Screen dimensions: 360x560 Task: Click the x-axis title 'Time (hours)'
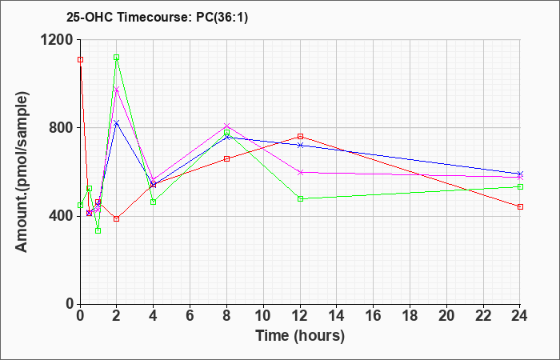click(x=300, y=336)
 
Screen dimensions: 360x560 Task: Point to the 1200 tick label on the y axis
click(x=57, y=40)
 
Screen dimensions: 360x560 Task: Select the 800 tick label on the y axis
click(x=61, y=128)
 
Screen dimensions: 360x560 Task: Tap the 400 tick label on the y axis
click(x=61, y=216)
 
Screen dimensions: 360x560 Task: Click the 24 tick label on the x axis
click(x=520, y=315)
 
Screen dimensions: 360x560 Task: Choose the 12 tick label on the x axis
click(x=300, y=315)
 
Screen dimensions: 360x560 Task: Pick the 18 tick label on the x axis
click(x=410, y=315)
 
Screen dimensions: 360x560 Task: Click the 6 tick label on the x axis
click(x=190, y=315)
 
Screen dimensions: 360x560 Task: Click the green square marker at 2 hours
click(x=117, y=58)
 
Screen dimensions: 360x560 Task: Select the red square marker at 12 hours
click(x=300, y=137)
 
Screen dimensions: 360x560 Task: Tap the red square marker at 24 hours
click(x=520, y=207)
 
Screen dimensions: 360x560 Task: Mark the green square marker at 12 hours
click(x=300, y=198)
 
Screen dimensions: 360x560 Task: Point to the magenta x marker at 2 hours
click(x=117, y=90)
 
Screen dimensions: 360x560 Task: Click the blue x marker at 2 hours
click(x=117, y=122)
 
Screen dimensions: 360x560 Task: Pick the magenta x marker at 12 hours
click(x=300, y=172)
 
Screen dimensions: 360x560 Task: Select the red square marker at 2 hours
click(x=117, y=218)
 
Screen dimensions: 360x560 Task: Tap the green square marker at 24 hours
click(x=520, y=187)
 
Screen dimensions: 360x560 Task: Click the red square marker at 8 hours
click(x=227, y=159)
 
